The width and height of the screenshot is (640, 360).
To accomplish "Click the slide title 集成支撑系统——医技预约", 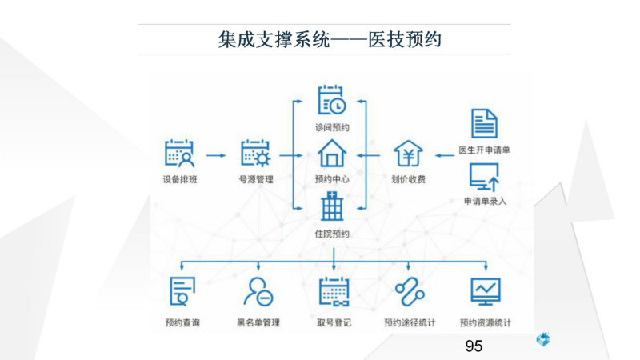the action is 330,39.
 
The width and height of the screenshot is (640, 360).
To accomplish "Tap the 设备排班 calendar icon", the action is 179,154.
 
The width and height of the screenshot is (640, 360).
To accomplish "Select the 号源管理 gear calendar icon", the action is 255,154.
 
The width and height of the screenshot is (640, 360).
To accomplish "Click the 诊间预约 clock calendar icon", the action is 332,100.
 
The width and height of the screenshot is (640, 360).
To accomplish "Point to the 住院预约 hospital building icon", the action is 332,206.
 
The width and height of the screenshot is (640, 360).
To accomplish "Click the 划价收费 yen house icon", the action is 408,154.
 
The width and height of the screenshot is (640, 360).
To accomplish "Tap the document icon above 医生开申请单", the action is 484,123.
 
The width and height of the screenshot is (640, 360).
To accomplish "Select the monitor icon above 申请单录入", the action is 484,177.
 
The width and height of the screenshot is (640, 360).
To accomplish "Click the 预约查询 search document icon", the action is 182,291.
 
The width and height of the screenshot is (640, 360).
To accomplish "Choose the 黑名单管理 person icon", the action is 258,291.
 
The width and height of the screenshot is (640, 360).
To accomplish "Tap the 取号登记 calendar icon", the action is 334,291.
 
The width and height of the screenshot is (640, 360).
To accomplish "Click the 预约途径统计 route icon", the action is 410,291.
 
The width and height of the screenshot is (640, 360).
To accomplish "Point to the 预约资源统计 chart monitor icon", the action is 486,291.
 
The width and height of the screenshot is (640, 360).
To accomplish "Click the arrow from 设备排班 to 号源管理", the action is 216,155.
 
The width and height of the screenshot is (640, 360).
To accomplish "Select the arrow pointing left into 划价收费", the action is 445,155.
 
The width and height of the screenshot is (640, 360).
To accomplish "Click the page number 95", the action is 474,346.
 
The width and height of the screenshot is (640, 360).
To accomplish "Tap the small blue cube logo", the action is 543,339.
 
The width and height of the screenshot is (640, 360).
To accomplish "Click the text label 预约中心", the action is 332,179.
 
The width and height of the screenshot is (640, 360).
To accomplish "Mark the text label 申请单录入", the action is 485,202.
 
